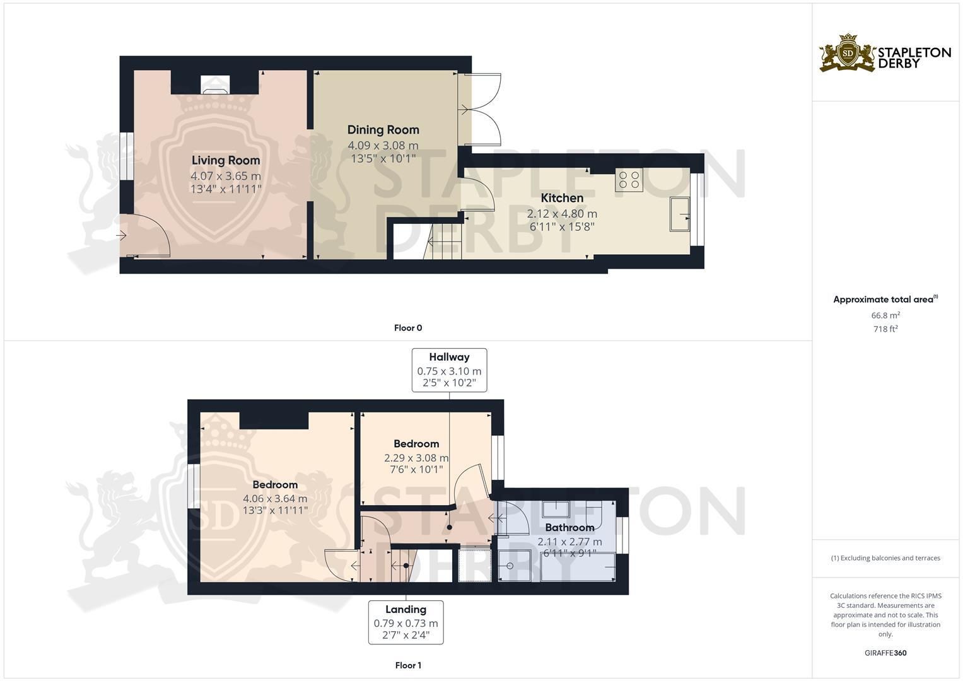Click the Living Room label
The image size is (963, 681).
226,160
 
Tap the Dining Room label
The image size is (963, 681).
383,130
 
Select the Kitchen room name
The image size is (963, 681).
562,198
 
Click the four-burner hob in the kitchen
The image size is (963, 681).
629,180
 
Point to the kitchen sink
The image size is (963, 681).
680,214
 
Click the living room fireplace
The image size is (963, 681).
215,84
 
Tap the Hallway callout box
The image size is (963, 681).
449,370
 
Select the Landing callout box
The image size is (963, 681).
406,622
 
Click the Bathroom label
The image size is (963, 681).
569,528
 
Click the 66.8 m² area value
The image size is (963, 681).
885,315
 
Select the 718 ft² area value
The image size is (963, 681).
885,329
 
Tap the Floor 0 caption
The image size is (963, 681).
408,328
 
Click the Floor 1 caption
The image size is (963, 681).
408,665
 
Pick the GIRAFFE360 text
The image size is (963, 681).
885,653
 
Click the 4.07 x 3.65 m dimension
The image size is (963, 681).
226,176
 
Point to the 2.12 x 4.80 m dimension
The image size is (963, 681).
562,214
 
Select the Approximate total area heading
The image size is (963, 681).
885,300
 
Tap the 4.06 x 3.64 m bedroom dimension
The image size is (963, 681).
275,499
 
